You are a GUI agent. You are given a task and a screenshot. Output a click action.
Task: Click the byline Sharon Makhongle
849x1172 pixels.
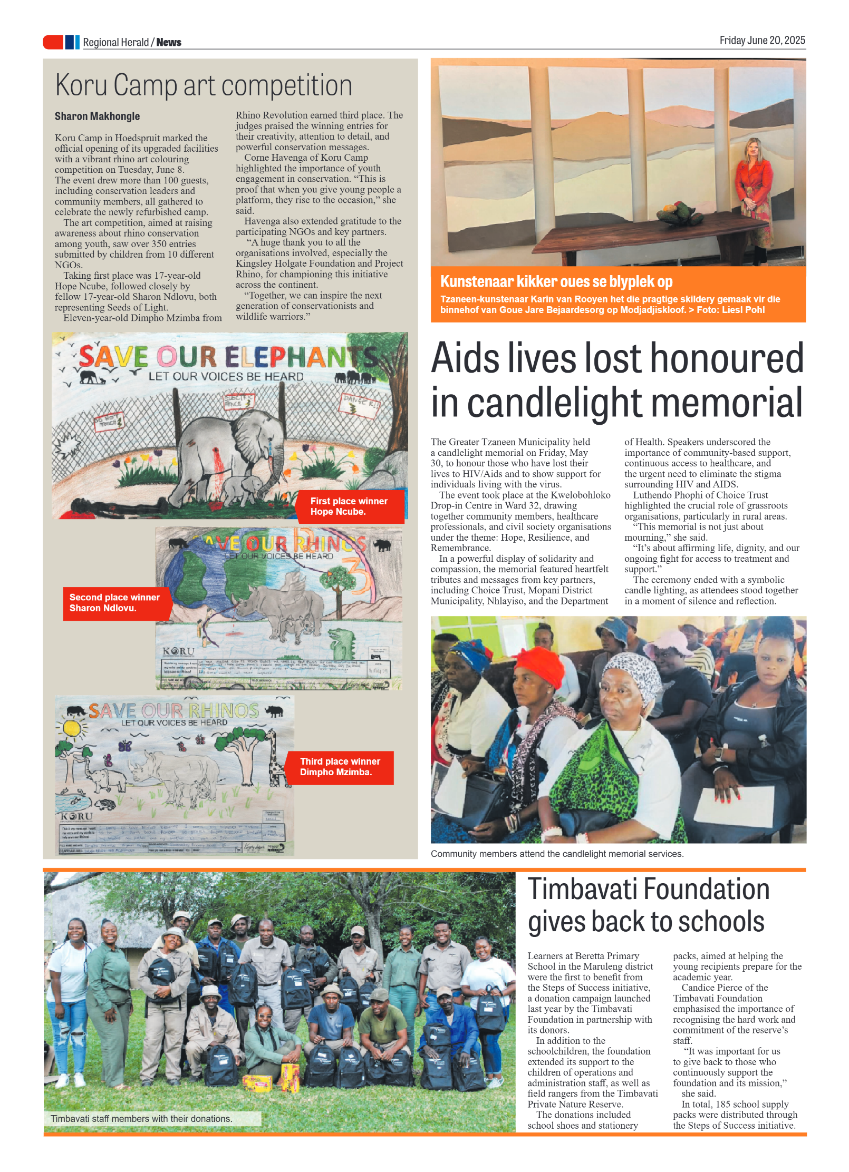(97, 116)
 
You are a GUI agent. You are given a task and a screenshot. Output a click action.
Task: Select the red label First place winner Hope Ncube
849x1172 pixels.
(350, 506)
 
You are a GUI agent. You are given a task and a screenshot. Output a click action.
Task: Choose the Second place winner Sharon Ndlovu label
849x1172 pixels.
(115, 603)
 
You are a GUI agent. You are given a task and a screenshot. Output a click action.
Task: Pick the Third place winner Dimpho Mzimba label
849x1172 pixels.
(340, 767)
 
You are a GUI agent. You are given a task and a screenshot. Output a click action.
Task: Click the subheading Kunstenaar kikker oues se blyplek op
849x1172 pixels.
(556, 281)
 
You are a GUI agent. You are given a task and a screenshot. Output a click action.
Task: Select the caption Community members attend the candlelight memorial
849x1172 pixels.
(556, 854)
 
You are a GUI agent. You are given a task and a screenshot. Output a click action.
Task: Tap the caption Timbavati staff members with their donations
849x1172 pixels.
(141, 1118)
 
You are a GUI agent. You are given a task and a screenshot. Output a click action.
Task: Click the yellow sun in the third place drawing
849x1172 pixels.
(72, 729)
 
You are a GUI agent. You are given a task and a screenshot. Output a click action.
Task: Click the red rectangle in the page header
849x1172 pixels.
(53, 42)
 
